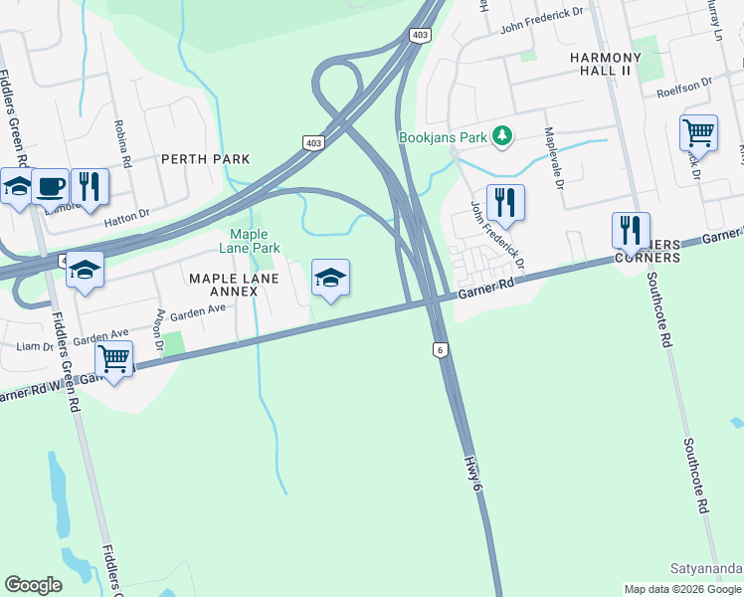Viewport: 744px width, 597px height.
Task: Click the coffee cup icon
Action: pos(50,185)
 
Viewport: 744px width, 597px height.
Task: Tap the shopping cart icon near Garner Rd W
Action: pos(114,358)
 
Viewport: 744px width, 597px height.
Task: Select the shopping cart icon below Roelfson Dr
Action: pos(698,131)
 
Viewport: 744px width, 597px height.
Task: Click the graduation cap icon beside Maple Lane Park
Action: pos(330,277)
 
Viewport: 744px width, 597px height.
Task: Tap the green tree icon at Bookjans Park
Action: pos(503,136)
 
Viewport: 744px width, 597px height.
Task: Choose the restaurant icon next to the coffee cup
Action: pos(90,185)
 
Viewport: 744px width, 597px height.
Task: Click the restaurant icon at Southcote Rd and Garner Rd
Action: pos(631,230)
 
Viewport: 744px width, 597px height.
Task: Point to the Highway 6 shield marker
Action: pos(439,349)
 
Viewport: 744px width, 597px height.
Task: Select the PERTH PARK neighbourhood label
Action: pos(205,159)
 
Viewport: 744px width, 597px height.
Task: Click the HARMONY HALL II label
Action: pos(615,58)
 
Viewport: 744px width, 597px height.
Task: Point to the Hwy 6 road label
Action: pos(475,467)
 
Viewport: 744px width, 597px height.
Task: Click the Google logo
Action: pos(34,585)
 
